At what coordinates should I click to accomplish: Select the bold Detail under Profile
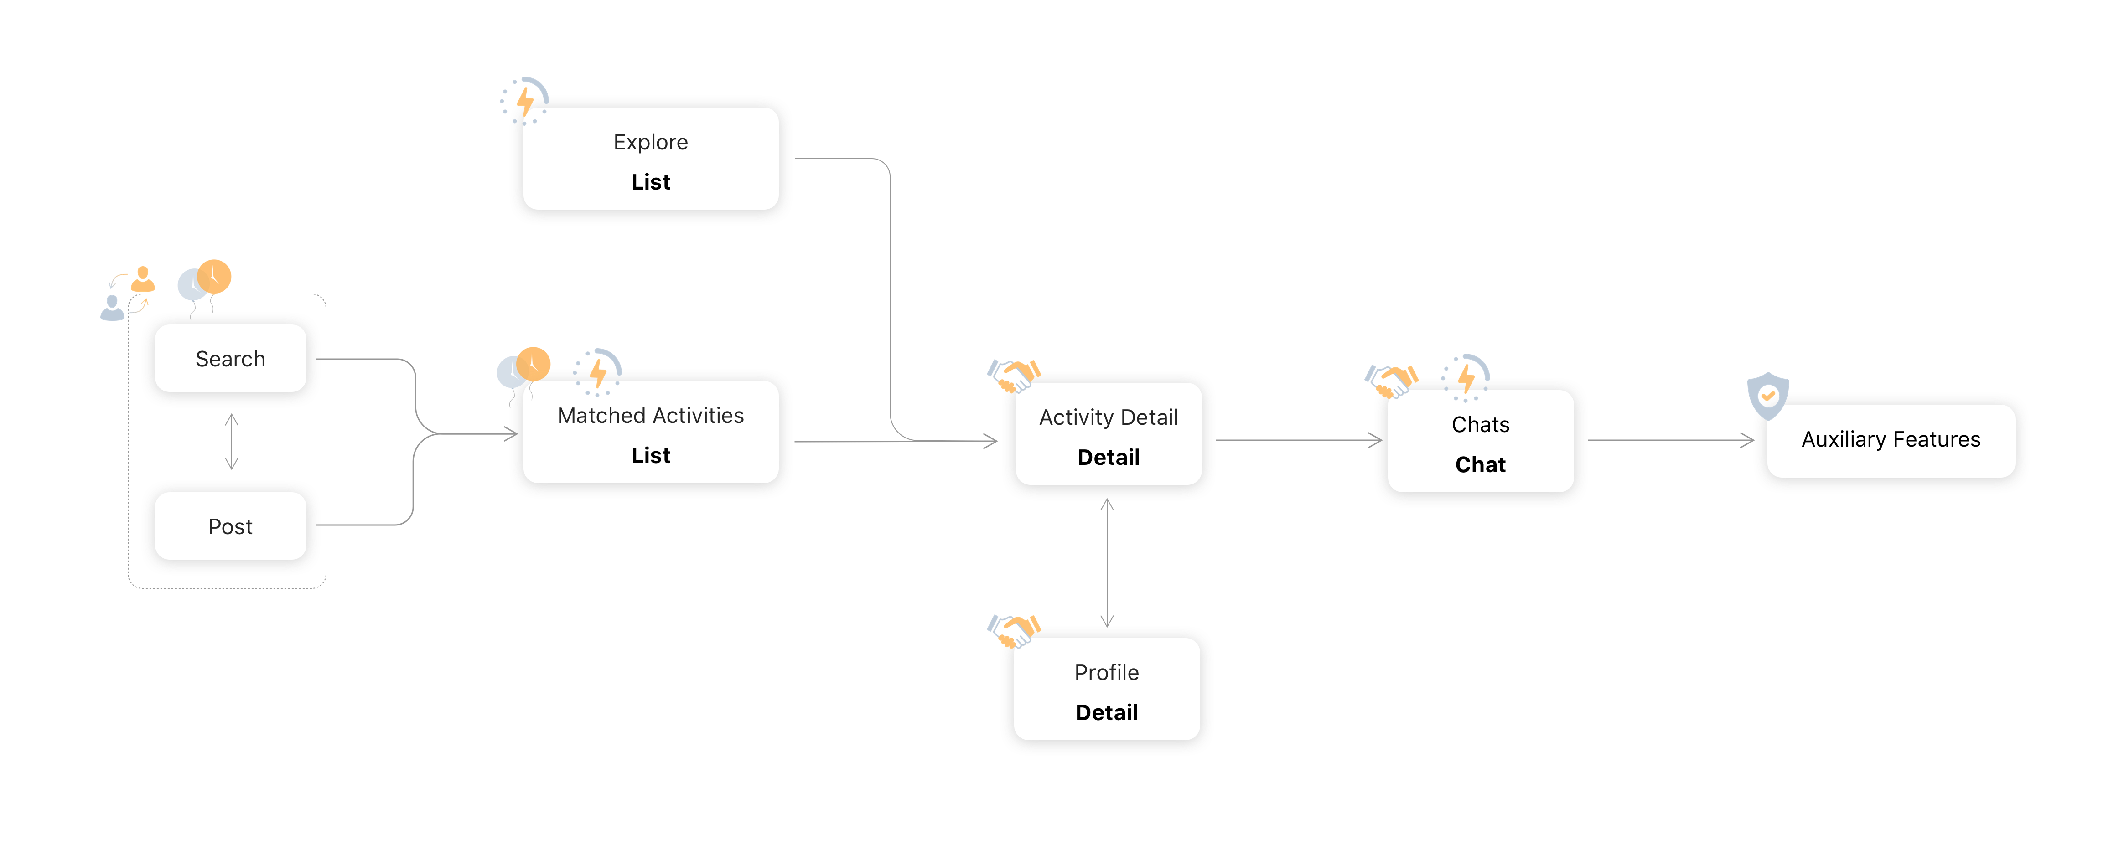click(1106, 712)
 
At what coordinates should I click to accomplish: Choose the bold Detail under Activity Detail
click(1108, 457)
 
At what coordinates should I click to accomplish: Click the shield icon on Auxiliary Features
click(1768, 395)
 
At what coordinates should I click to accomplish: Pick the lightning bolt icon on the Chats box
click(1466, 377)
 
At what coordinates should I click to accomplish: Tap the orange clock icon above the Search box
click(214, 277)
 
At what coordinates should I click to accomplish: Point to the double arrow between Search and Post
click(232, 442)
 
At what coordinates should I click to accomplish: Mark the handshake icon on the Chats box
click(1391, 380)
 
